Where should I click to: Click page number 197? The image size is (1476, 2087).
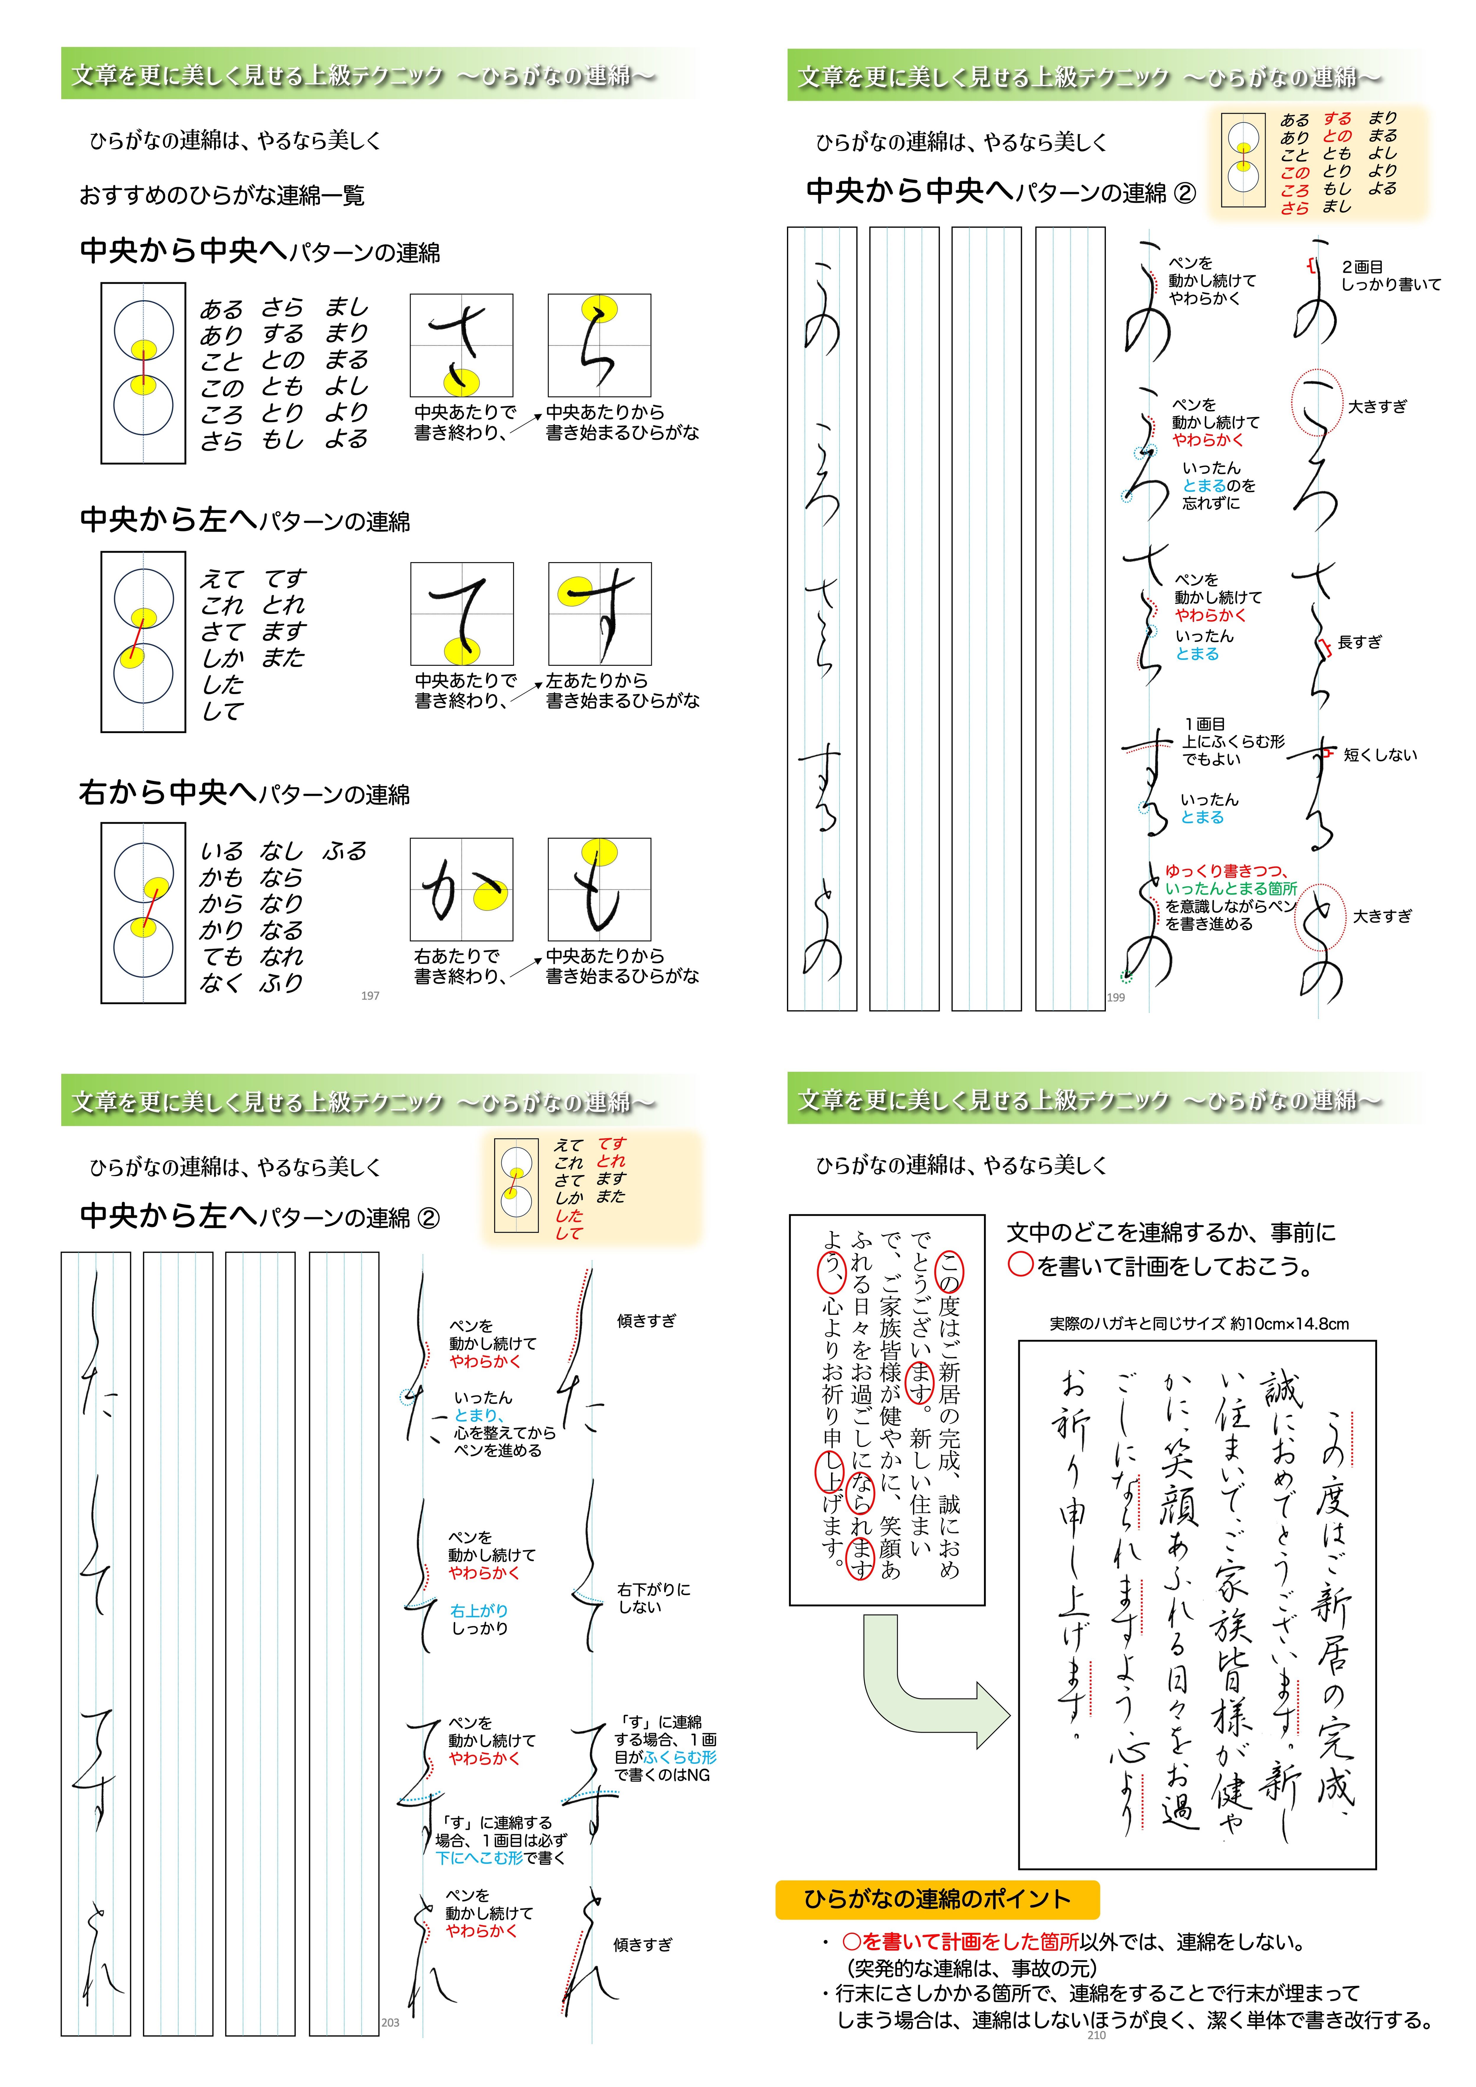pyautogui.click(x=370, y=995)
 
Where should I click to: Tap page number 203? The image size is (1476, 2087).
pyautogui.click(x=390, y=2022)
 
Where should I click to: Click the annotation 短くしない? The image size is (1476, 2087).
pyautogui.click(x=1380, y=754)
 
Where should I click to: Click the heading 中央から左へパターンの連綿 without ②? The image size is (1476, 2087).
pyautogui.click(x=245, y=521)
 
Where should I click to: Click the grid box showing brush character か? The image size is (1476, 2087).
pyautogui.click(x=462, y=889)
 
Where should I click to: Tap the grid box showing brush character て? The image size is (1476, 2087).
pyautogui.click(x=462, y=613)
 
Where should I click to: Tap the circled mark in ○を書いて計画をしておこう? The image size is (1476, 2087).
pyautogui.click(x=1021, y=1266)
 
